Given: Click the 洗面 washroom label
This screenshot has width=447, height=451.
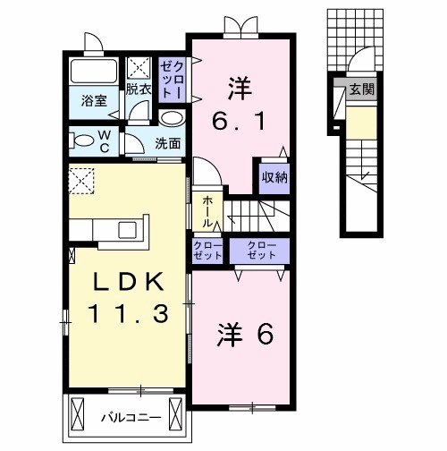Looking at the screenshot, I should click(x=167, y=142).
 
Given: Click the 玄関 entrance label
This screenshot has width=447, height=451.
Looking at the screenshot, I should click(x=361, y=89).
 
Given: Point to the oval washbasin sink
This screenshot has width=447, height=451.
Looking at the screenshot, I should click(x=172, y=119).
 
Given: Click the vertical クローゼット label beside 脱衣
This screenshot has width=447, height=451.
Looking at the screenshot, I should click(x=171, y=79).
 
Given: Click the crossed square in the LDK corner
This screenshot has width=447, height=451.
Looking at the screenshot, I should click(x=81, y=181).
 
